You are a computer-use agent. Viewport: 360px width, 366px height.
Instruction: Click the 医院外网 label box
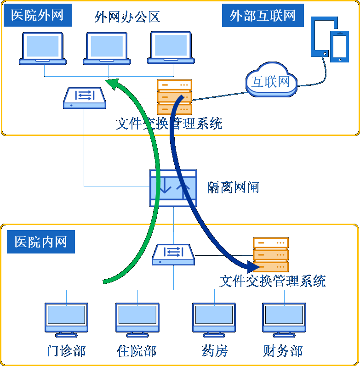tap(37, 16)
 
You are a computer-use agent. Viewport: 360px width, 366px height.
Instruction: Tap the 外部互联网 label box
tap(263, 16)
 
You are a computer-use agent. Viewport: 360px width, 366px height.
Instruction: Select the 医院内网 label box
tap(41, 242)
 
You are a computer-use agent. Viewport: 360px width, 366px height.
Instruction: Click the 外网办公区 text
tap(127, 17)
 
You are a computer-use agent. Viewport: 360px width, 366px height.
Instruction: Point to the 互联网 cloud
tap(271, 81)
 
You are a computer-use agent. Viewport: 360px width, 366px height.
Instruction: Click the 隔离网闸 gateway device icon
tap(174, 188)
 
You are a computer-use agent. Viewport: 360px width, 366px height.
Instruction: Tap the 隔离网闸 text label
tap(233, 187)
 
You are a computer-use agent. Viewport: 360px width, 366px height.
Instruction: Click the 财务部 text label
tap(283, 351)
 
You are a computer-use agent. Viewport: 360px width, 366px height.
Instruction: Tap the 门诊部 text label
tap(66, 351)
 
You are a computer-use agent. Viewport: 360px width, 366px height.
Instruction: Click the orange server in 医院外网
tap(174, 97)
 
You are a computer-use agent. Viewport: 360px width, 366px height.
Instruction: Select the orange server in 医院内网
tap(270, 255)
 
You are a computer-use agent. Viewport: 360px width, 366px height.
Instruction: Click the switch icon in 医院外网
tap(85, 97)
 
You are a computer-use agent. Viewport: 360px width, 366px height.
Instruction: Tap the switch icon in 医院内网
tap(173, 254)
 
